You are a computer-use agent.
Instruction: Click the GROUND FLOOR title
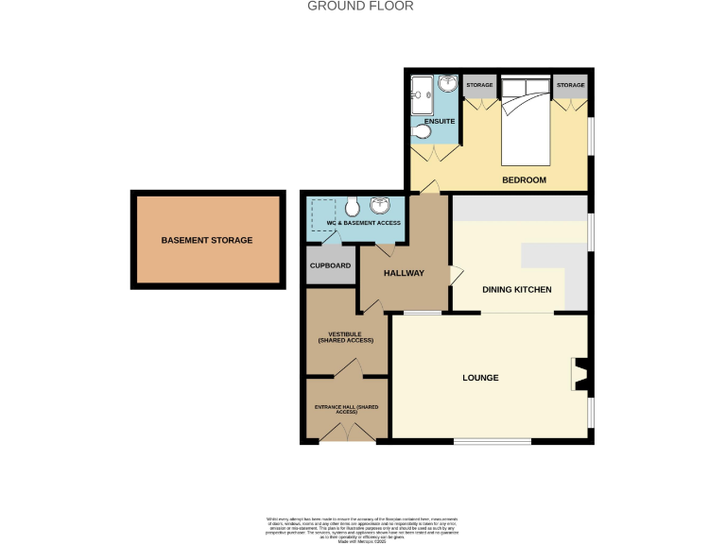pos(360,6)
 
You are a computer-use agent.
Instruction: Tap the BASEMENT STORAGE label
pos(206,241)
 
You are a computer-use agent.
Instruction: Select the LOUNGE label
pos(480,378)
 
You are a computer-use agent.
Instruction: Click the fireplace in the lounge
pos(579,374)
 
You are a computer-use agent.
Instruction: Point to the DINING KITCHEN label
pos(516,290)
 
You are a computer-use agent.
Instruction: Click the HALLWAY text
pos(404,273)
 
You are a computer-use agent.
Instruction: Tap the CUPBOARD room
pos(330,265)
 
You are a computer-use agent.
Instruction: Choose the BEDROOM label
pos(524,178)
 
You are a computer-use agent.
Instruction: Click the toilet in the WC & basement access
pos(351,207)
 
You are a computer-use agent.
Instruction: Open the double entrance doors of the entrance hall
pos(346,433)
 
